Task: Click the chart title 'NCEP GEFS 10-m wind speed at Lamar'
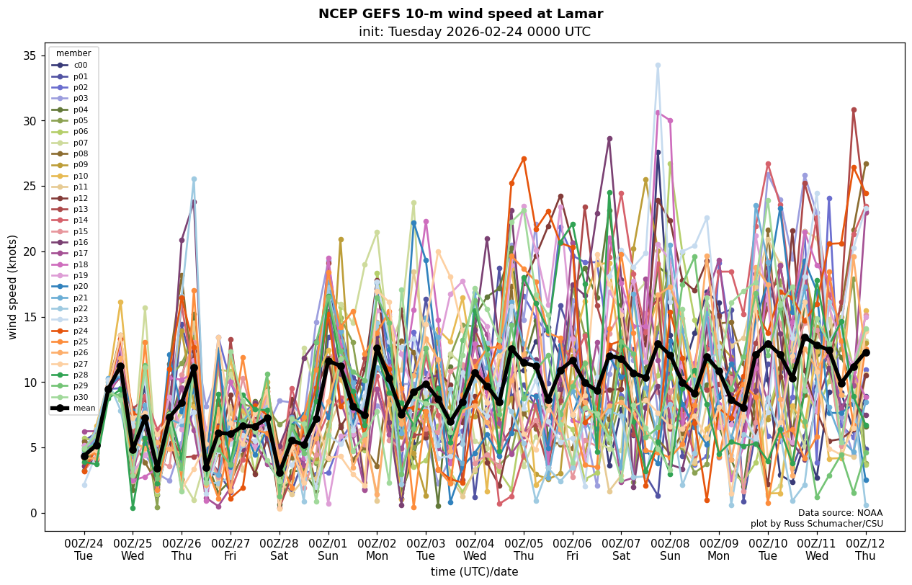click(x=460, y=14)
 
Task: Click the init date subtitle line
click(x=474, y=32)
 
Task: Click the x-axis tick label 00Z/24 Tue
click(x=84, y=550)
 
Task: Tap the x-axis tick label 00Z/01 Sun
click(x=328, y=550)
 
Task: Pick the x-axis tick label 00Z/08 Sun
click(x=670, y=550)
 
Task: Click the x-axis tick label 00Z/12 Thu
click(x=865, y=550)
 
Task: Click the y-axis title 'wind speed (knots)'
click(x=12, y=287)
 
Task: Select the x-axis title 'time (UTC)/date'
click(x=474, y=572)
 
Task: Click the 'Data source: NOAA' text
click(x=840, y=513)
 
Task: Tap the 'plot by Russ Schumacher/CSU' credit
click(x=816, y=524)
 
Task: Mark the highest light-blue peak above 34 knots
click(x=658, y=65)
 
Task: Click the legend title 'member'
click(x=73, y=53)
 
